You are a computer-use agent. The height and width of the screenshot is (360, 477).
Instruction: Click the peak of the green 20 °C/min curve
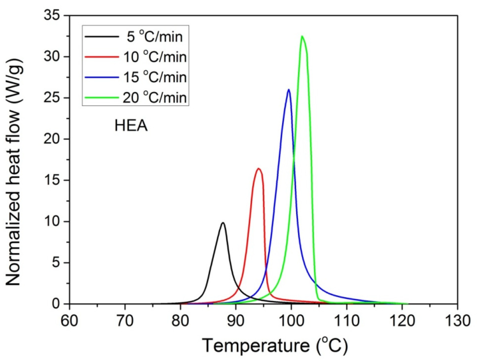[302, 36]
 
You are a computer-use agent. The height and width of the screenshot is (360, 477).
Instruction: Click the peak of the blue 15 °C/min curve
[288, 90]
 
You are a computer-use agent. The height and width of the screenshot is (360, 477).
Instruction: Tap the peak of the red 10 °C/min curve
[259, 169]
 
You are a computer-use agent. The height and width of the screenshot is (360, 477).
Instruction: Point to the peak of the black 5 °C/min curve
[223, 223]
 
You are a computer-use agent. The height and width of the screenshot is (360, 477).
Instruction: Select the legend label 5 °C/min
[154, 36]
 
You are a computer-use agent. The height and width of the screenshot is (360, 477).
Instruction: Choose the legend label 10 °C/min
[154, 57]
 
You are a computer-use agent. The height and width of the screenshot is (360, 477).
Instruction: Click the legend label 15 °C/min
[154, 77]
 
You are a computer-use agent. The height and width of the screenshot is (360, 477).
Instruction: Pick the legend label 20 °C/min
[154, 97]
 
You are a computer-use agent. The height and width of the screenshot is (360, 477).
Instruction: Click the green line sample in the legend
[101, 97]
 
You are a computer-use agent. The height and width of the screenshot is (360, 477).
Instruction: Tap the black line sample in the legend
[101, 36]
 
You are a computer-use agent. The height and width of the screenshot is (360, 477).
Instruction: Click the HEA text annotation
[131, 126]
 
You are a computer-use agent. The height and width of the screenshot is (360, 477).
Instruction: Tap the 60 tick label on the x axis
[69, 321]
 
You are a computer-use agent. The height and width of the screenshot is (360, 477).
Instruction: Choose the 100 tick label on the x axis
[291, 321]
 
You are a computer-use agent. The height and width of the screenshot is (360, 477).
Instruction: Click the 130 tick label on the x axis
[457, 321]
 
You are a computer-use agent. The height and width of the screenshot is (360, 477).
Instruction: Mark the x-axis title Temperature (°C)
[275, 345]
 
